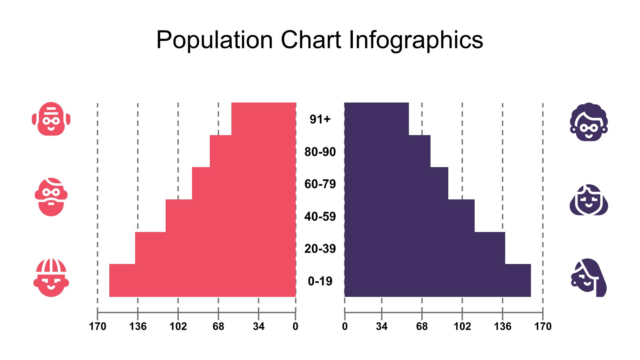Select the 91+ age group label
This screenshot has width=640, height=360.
click(x=320, y=119)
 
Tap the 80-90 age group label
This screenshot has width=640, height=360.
click(x=320, y=152)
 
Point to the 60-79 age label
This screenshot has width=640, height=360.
click(x=320, y=184)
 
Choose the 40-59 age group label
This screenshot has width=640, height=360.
click(x=320, y=217)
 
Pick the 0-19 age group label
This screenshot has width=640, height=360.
click(x=320, y=281)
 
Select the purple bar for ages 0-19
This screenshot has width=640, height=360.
click(x=437, y=280)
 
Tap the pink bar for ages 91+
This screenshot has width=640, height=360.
click(x=263, y=119)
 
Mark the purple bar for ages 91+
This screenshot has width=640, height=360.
click(x=376, y=119)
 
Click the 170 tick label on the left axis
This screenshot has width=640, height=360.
click(x=97, y=327)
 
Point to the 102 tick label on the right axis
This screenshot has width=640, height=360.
click(x=462, y=327)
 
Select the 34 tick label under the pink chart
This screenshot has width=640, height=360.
click(x=259, y=327)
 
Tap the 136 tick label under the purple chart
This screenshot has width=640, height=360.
click(x=503, y=327)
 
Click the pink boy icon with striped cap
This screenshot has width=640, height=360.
click(x=51, y=278)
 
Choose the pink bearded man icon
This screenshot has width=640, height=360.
click(x=51, y=197)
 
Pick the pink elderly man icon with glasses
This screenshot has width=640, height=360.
click(x=51, y=119)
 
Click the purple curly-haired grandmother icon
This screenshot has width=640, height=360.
click(x=589, y=122)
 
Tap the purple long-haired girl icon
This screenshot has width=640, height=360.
click(x=589, y=278)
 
